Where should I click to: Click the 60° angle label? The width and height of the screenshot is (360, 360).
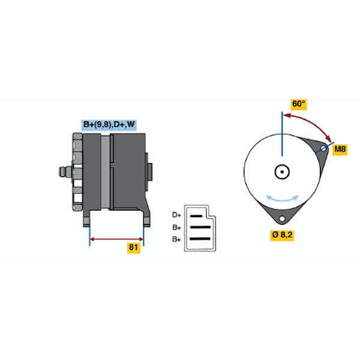(x=298, y=104)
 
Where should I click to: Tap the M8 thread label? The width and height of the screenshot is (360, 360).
(x=340, y=149)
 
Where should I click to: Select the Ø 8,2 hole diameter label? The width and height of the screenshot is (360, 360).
(x=282, y=235)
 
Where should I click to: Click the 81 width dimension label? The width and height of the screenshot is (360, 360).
(x=134, y=247)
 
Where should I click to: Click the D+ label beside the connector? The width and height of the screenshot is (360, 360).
(x=176, y=215)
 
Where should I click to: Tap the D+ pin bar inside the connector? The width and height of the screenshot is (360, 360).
(x=196, y=216)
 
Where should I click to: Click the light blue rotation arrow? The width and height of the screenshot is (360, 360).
(x=282, y=199)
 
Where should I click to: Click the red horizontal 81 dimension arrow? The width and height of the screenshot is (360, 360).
(x=116, y=239)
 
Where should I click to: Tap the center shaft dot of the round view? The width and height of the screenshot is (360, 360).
(x=282, y=172)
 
